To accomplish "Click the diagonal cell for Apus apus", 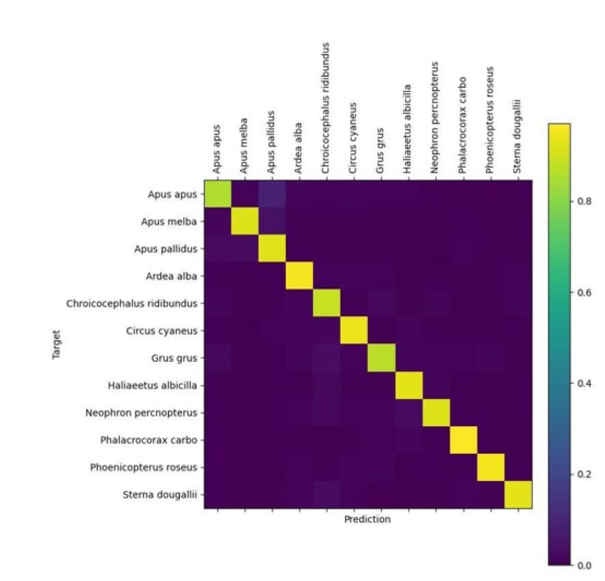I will click(x=217, y=194).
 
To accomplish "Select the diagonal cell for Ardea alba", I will click(x=299, y=276).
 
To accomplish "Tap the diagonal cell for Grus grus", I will click(x=381, y=358).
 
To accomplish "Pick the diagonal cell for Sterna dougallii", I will click(x=518, y=495).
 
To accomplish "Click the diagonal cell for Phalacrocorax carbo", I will click(x=464, y=440).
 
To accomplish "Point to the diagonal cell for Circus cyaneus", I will click(x=354, y=331).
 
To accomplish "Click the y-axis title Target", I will click(x=56, y=345).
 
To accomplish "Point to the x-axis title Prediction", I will click(x=367, y=520).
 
